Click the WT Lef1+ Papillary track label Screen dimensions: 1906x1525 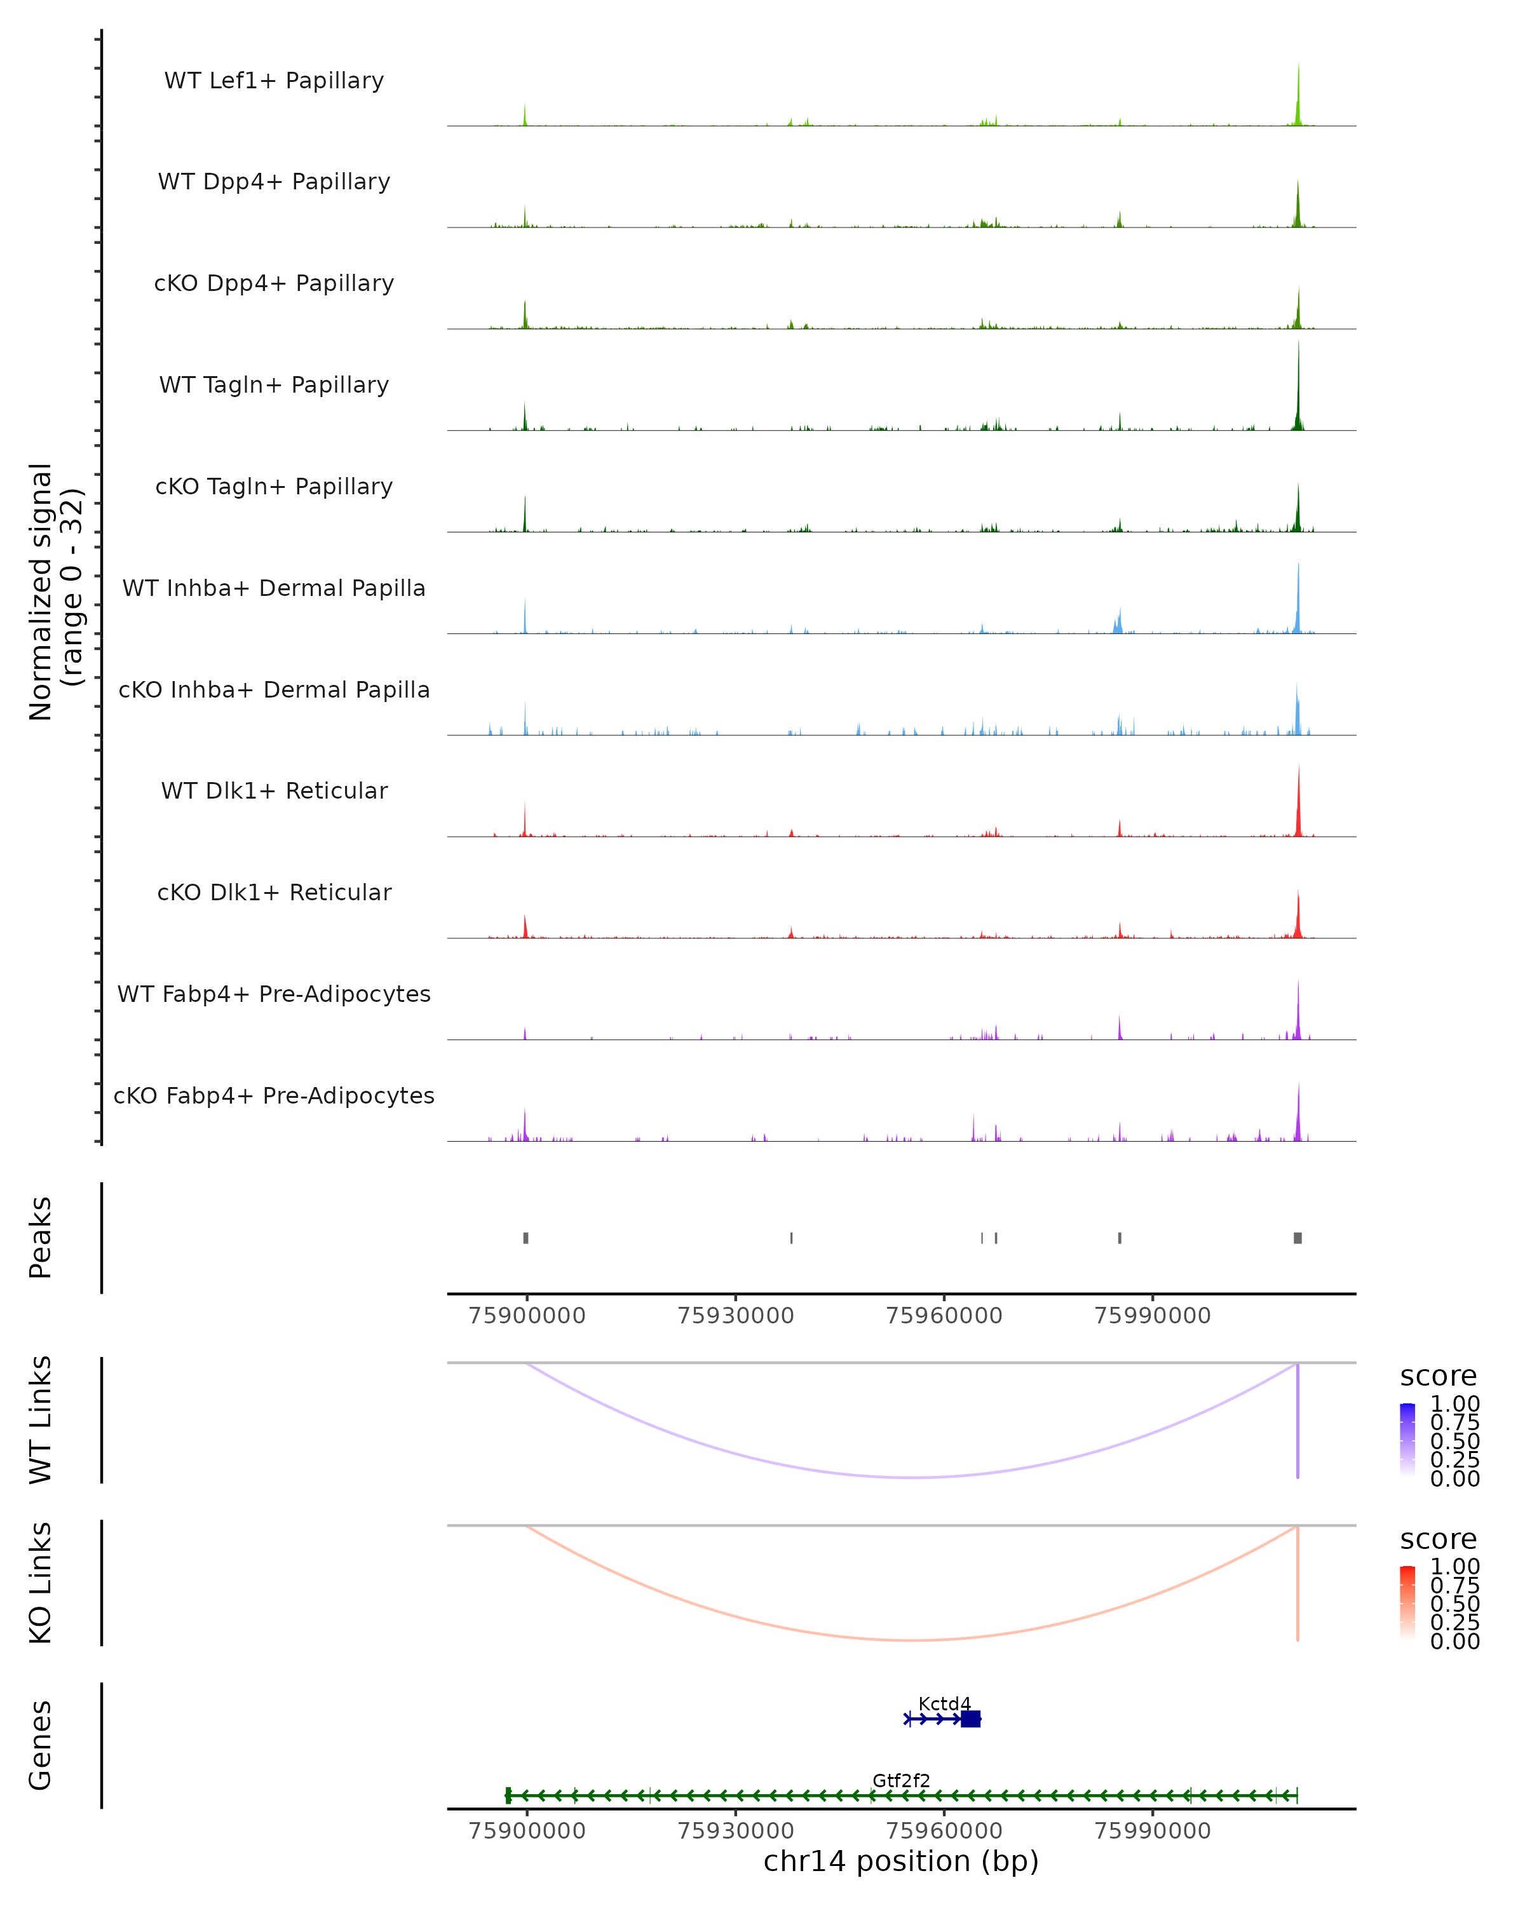(274, 81)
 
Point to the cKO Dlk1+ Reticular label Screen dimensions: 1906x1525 (274, 893)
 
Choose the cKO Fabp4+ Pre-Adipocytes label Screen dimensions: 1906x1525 (274, 1096)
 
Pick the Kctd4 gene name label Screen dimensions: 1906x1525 (944, 1703)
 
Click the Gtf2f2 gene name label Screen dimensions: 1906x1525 (901, 1780)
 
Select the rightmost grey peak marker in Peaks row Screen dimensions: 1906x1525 (1298, 1238)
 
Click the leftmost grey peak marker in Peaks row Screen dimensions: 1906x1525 (526, 1238)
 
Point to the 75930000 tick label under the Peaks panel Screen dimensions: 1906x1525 (736, 1316)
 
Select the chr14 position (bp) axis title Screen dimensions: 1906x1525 (901, 1861)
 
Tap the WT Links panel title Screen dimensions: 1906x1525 (41, 1420)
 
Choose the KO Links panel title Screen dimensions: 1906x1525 (41, 1583)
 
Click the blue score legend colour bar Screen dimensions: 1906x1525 (1407, 1440)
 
